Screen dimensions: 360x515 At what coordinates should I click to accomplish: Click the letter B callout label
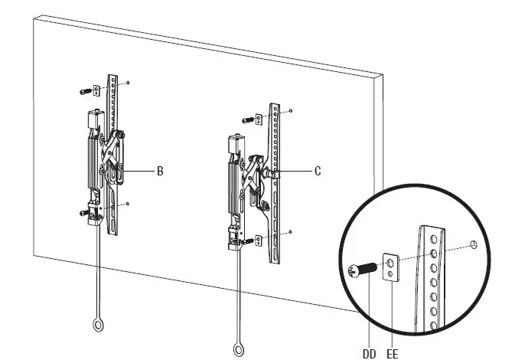(160, 172)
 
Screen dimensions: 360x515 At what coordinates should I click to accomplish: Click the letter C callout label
(318, 172)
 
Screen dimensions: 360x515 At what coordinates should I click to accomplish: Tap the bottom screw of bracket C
(249, 241)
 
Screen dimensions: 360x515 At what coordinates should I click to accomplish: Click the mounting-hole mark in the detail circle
(475, 245)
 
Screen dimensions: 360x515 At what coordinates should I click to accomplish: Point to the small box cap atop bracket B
(94, 119)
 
